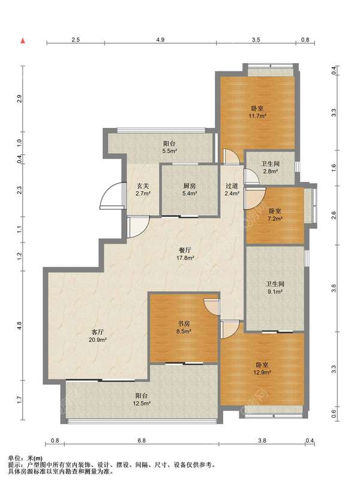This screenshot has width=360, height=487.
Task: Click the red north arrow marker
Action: click(23, 41)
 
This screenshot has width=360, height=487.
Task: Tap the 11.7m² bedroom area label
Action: click(257, 112)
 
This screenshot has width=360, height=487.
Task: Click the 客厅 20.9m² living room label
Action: click(97, 336)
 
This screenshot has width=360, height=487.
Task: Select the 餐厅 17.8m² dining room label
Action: click(185, 254)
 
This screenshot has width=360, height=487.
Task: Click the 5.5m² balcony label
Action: click(169, 148)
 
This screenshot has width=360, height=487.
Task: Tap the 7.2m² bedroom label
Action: click(275, 214)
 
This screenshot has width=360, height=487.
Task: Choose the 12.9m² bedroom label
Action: click(262, 369)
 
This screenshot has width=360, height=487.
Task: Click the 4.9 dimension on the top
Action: click(160, 40)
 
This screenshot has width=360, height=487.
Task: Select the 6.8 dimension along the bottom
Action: click(142, 440)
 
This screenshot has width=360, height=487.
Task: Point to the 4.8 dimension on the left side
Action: click(19, 325)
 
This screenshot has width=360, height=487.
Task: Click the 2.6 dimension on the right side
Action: click(334, 215)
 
